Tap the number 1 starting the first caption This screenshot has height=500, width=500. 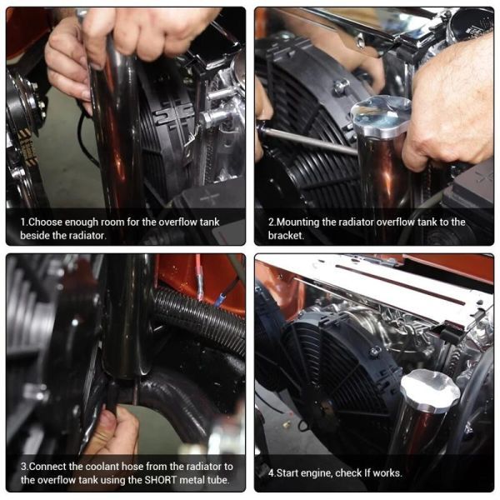[23, 222]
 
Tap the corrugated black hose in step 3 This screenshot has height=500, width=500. [201, 321]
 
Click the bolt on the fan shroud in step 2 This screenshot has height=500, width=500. [341, 86]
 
